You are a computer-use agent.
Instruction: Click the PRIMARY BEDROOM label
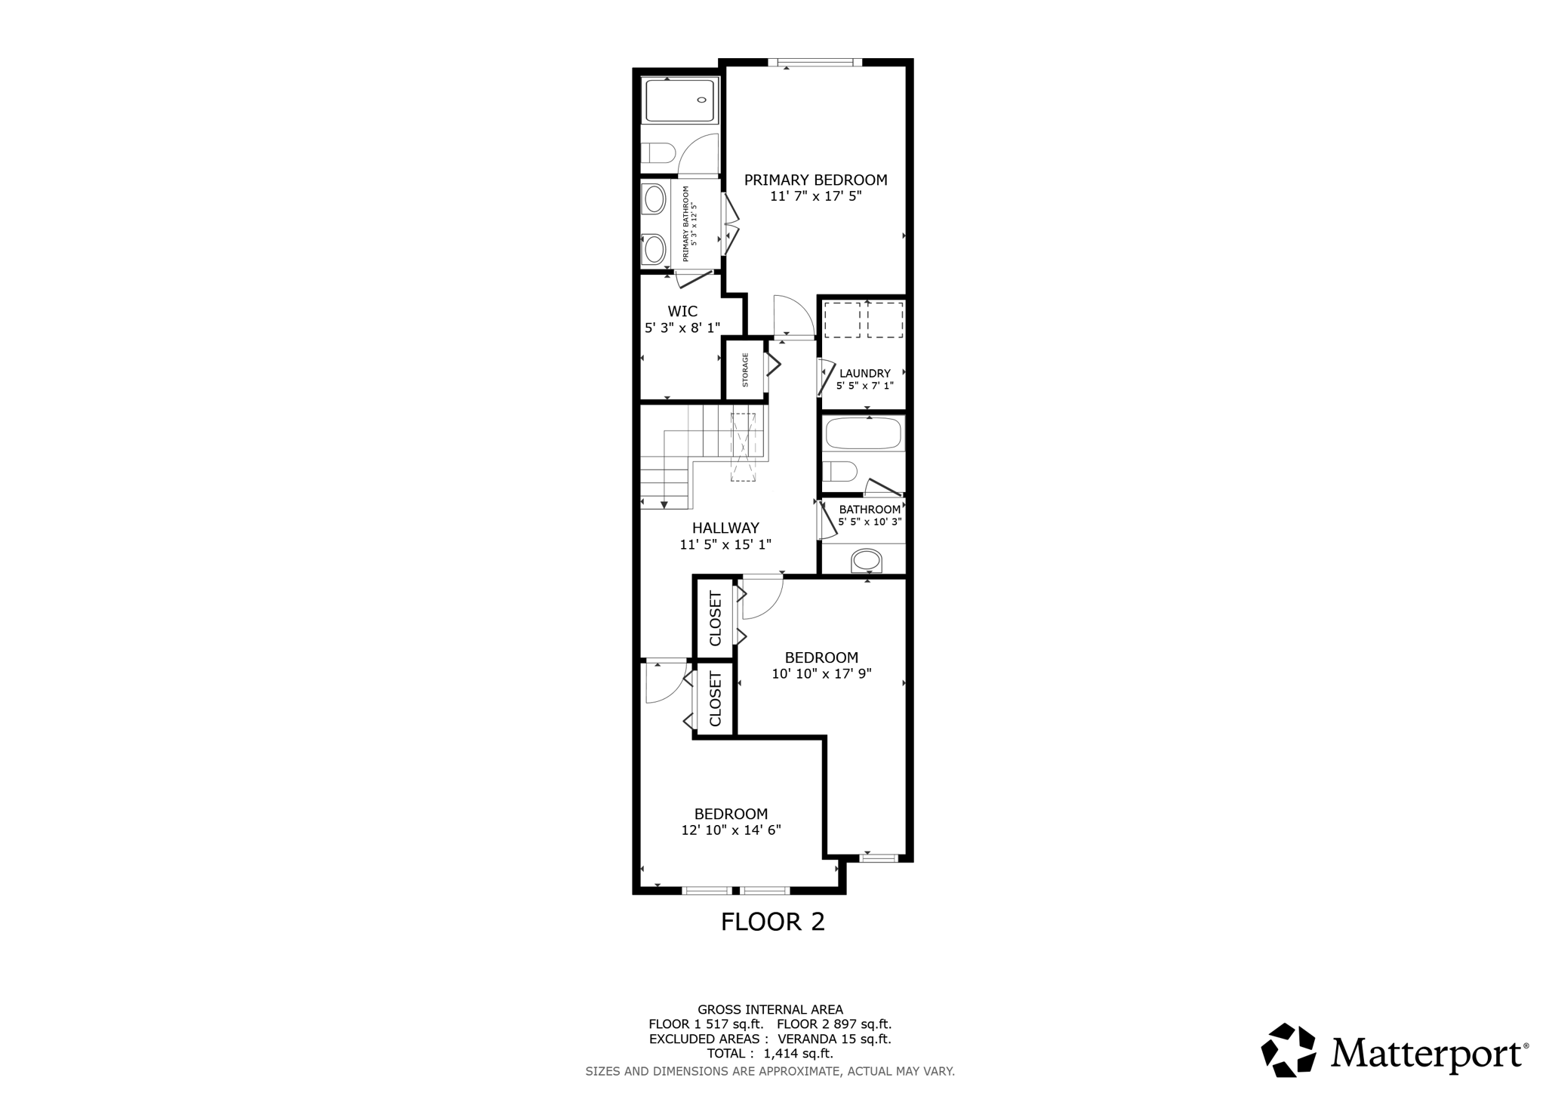[x=815, y=180]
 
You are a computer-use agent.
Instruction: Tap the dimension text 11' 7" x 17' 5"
[x=815, y=196]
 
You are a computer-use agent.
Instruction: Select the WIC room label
[x=682, y=311]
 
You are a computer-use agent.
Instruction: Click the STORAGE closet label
[x=745, y=370]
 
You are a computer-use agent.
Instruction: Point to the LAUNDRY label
[x=864, y=373]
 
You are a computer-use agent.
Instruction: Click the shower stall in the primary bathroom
[x=679, y=100]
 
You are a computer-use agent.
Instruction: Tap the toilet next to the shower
[x=659, y=153]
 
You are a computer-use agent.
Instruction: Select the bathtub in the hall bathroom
[x=863, y=434]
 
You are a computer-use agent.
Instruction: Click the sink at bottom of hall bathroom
[x=866, y=561]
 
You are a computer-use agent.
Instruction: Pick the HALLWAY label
[x=725, y=528]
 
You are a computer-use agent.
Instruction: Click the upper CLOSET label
[x=716, y=618]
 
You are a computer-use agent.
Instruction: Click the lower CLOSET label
[x=716, y=699]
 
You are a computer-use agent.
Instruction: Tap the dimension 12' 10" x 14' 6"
[x=730, y=830]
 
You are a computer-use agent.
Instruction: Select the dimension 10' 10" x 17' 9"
[x=821, y=674]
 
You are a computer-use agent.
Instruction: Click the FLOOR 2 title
[x=772, y=922]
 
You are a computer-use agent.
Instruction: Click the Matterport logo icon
[x=1289, y=1050]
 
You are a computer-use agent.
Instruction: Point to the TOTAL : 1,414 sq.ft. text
[x=770, y=1053]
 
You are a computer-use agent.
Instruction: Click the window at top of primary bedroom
[x=815, y=63]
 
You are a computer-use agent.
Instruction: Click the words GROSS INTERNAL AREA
[x=770, y=1009]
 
